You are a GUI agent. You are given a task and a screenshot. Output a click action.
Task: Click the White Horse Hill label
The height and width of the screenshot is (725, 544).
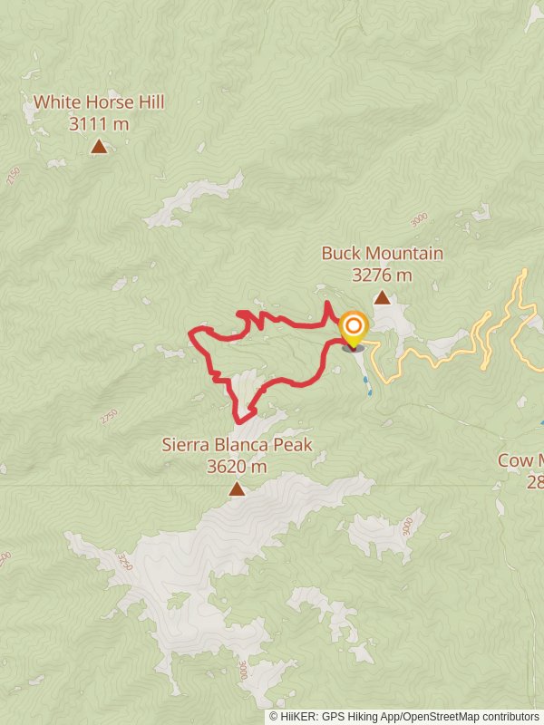click(99, 102)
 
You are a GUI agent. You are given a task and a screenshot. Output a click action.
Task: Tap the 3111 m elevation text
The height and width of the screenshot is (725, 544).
click(99, 123)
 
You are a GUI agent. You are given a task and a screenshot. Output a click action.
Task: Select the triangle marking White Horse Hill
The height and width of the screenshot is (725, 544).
click(99, 146)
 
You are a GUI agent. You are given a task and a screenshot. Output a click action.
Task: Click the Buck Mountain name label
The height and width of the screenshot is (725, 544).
click(383, 253)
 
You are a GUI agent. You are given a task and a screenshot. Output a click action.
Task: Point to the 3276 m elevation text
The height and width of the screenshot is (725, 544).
click(383, 274)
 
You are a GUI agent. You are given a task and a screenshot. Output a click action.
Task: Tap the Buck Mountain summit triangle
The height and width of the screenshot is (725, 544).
click(383, 297)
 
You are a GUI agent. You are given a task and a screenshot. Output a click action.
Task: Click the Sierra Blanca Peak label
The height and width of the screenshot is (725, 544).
click(237, 445)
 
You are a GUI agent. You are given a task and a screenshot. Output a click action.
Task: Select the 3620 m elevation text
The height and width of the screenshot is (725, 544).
click(237, 467)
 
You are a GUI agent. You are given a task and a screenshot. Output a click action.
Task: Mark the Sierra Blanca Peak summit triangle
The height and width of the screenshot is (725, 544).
click(237, 489)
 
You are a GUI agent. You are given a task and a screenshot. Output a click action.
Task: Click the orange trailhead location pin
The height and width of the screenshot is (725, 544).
click(353, 329)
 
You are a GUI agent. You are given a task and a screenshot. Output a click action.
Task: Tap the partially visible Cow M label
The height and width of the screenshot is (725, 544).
click(520, 460)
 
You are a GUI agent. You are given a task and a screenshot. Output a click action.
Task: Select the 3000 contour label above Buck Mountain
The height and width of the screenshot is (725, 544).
click(417, 219)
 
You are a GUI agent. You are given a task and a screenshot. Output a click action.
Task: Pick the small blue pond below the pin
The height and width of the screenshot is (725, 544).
click(367, 385)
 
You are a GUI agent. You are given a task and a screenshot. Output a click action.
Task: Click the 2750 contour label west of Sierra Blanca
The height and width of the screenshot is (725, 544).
click(109, 416)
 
